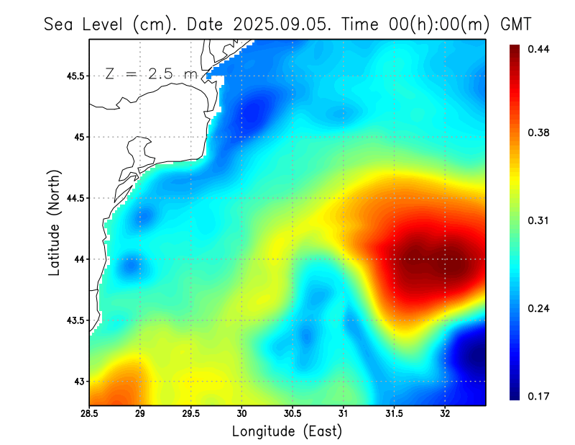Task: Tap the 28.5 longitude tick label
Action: (x=89, y=413)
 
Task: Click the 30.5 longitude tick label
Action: (x=293, y=413)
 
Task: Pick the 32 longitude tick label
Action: (x=445, y=413)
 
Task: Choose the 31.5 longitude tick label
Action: (x=394, y=413)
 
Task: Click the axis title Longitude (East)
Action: (x=287, y=431)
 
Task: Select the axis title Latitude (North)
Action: (x=54, y=223)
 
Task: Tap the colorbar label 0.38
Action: (x=538, y=132)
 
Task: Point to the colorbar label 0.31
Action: (x=538, y=220)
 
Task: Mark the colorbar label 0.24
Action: (x=538, y=308)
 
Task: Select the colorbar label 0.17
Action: (x=538, y=396)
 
